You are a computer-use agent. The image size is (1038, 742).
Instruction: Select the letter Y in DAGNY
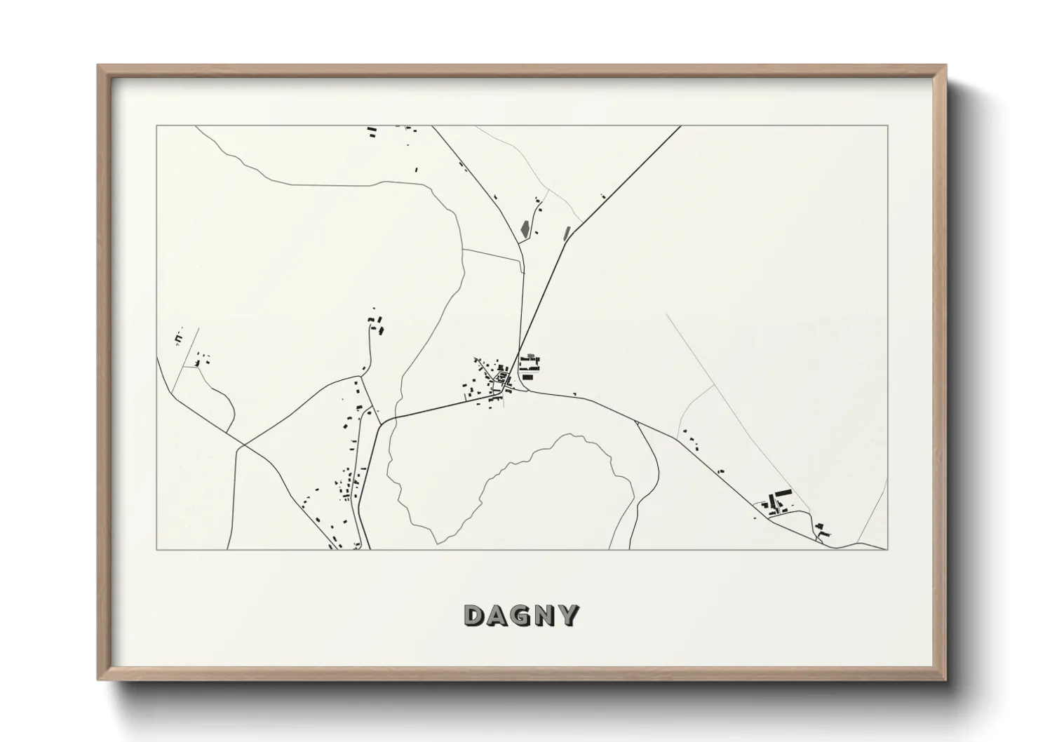(x=569, y=615)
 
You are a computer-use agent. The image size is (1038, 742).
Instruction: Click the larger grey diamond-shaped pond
(x=525, y=228)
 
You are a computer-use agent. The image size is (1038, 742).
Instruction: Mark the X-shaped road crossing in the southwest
(x=242, y=445)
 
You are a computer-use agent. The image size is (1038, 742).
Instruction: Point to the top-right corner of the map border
(x=887, y=126)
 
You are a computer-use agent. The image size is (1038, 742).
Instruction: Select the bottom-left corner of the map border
(x=157, y=549)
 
